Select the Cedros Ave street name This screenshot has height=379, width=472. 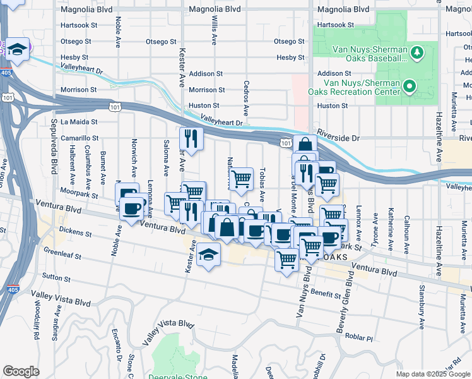246,93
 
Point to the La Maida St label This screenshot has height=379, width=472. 79,122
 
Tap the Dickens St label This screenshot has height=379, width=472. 77,232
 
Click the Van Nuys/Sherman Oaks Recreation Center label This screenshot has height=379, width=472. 353,87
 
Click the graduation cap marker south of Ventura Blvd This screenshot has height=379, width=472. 208,255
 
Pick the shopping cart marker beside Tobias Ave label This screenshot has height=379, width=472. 241,179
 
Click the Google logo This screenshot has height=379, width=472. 21,371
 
